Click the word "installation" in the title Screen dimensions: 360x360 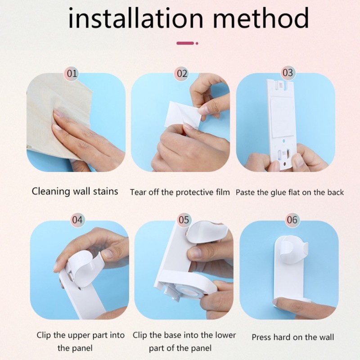click(136, 18)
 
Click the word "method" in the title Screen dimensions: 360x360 click(261, 18)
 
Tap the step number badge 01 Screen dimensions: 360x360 click(72, 73)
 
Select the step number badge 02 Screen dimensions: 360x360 click(182, 73)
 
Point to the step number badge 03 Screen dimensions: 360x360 click(288, 72)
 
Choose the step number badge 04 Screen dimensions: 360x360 click(77, 220)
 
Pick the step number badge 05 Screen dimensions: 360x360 click(184, 220)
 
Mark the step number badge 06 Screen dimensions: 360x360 click(292, 220)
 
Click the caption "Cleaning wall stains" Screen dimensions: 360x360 click(75, 191)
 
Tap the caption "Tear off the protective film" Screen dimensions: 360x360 click(180, 192)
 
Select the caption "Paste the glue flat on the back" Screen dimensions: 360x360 click(290, 192)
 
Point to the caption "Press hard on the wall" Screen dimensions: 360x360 click(293, 337)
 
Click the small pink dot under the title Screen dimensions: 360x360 click(197, 43)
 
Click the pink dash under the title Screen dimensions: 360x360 click(185, 43)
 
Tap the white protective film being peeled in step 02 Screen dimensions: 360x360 click(183, 114)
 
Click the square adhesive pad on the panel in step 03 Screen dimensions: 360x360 click(283, 117)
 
